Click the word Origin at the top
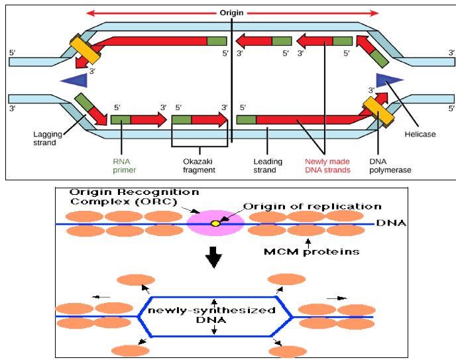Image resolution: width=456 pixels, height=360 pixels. coord(232,13)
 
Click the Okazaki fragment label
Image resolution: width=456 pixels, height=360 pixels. coord(199,165)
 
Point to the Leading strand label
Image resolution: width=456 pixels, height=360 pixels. coord(268,165)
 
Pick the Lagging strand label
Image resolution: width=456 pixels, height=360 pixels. coord(48,138)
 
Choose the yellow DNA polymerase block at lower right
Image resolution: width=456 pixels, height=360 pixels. coord(377,111)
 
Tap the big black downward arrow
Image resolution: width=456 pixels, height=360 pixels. coord(213,257)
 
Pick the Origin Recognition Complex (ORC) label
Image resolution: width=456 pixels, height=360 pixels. coord(134,196)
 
